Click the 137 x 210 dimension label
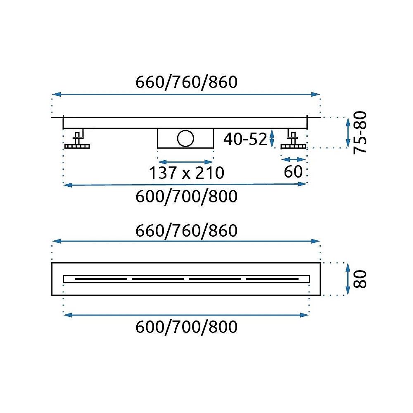[187, 173]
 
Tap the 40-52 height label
[245, 139]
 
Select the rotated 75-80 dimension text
[360, 133]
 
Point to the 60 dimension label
[293, 172]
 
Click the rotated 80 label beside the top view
[360, 279]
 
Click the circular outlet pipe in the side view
[185, 138]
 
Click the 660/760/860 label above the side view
[187, 82]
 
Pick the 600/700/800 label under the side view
[187, 197]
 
